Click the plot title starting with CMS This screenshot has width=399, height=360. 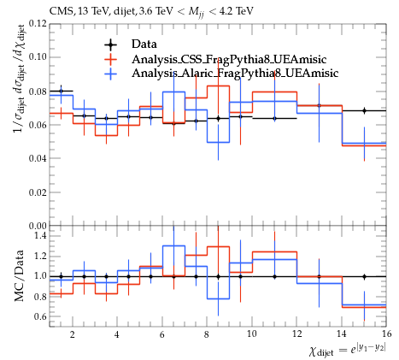point(151,12)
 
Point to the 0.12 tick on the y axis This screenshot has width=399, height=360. point(38,23)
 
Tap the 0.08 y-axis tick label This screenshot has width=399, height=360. point(38,91)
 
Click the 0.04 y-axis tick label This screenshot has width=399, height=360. point(38,158)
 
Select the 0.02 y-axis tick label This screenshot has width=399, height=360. point(38,192)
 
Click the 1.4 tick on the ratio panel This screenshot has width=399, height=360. point(40,235)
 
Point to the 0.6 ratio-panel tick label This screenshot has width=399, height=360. point(40,316)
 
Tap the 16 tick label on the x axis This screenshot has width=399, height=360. point(386,333)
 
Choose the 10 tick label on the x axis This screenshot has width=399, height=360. point(252,333)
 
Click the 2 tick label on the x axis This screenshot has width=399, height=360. point(73,333)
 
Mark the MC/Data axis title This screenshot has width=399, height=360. point(20,276)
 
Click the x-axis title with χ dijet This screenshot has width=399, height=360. point(348,350)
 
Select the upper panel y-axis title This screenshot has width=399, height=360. point(20,79)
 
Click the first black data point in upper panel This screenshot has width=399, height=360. point(61,91)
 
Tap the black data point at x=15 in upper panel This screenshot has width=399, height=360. point(364,110)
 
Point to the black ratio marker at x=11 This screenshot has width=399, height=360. point(274,276)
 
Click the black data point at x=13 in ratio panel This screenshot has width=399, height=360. point(320,276)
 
